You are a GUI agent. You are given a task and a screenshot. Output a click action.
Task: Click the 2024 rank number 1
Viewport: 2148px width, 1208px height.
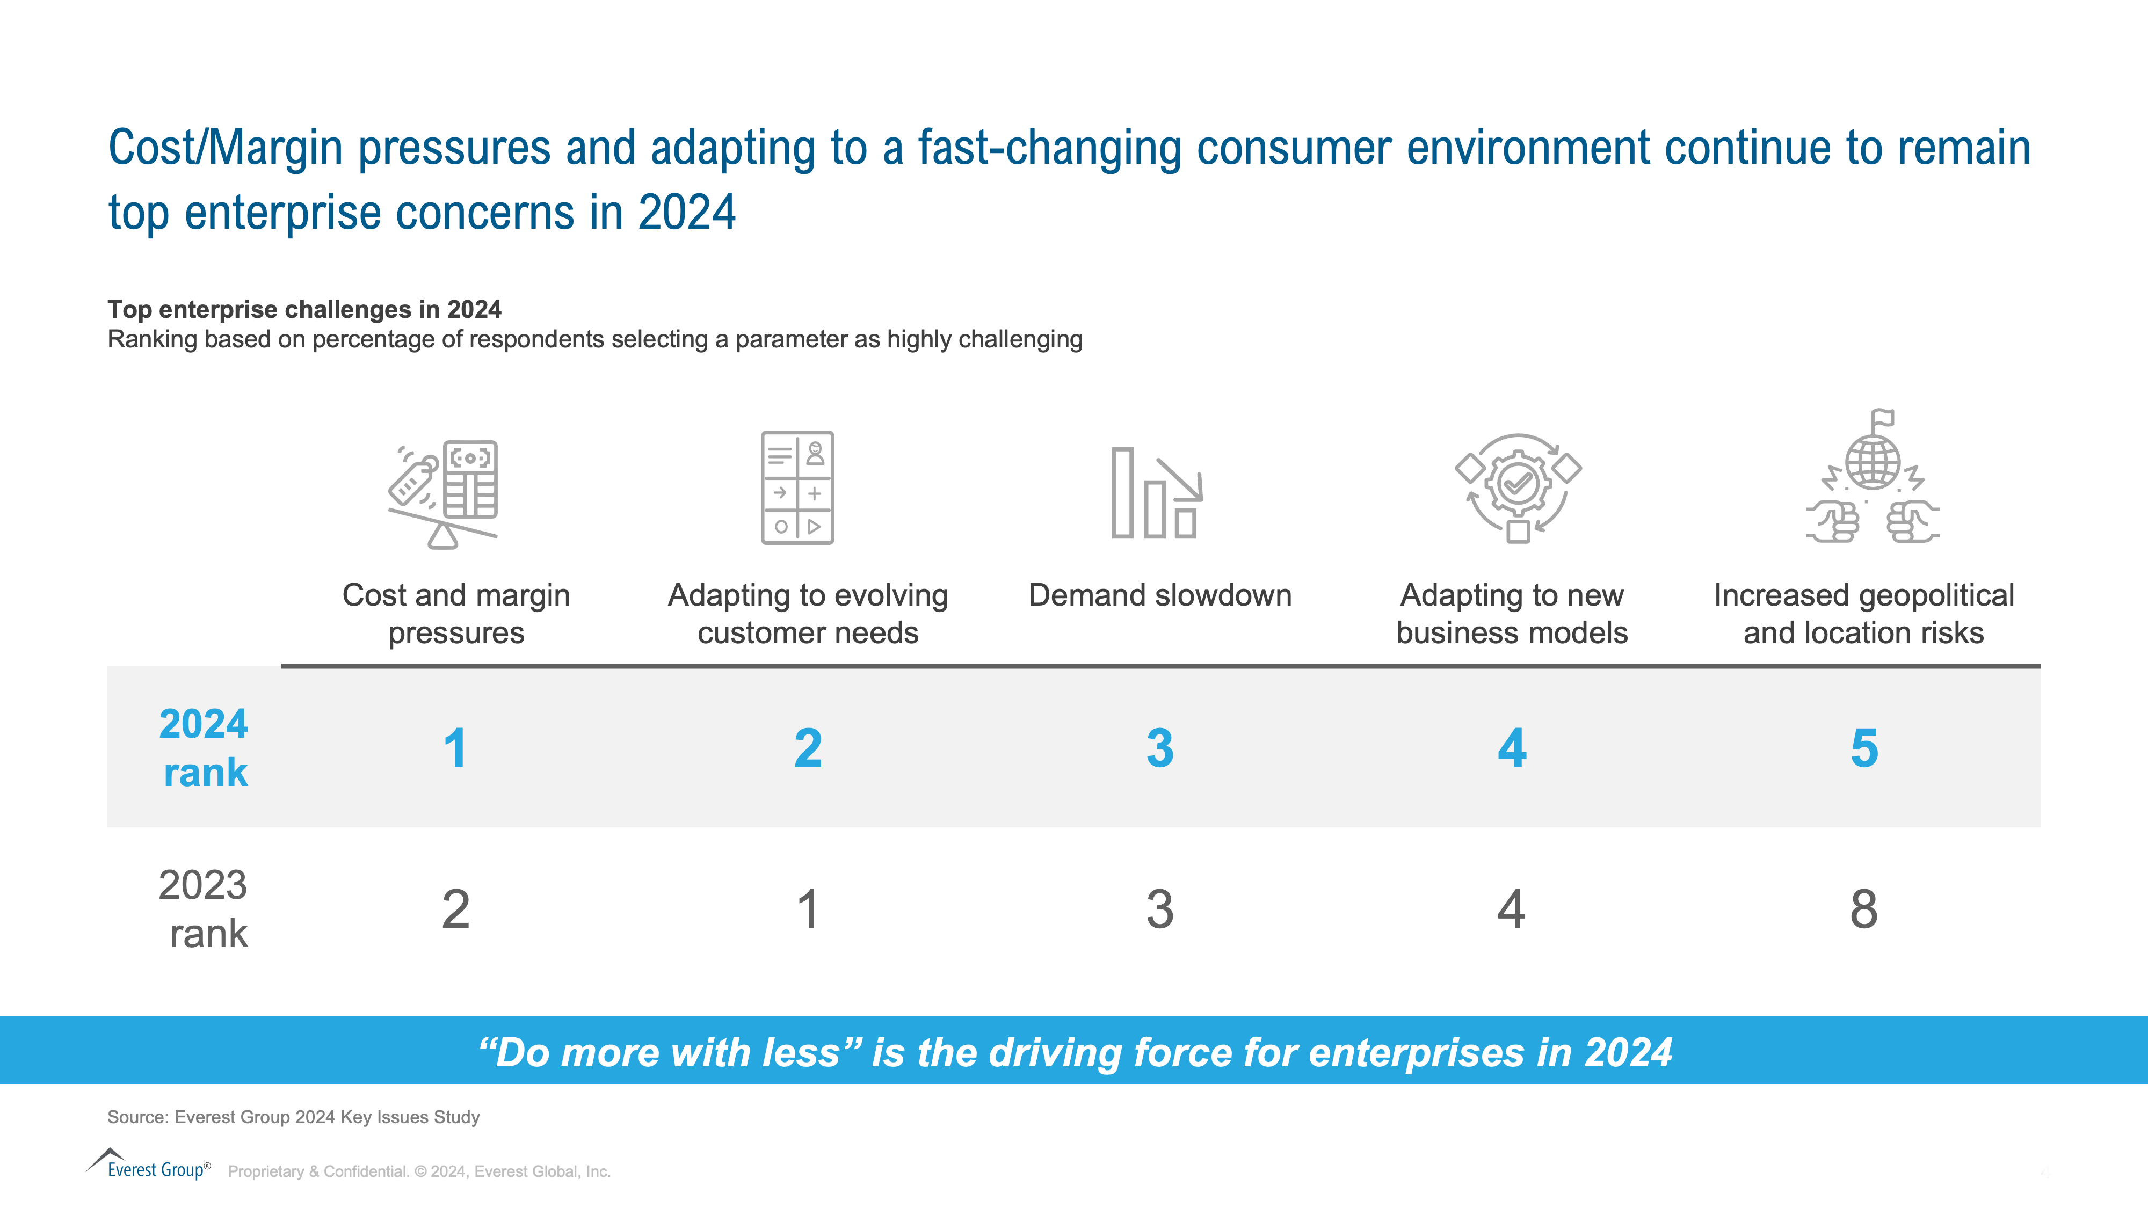coord(455,748)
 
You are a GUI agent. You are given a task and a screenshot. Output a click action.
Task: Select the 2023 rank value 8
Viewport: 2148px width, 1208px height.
coord(1863,909)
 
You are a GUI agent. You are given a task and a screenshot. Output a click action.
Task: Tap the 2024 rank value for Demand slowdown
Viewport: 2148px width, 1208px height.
coord(1160,748)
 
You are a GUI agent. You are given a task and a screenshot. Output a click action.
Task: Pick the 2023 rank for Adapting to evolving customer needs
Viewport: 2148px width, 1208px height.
coord(807,909)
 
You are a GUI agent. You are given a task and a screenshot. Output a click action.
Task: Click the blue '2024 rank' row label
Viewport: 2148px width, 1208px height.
coord(204,748)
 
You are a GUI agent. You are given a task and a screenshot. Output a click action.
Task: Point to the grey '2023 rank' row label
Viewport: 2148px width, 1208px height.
coord(204,909)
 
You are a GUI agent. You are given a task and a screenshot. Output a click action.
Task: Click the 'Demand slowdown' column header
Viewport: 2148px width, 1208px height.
coord(1160,595)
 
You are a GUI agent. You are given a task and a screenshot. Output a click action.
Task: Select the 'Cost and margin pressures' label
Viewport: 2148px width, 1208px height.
coord(456,614)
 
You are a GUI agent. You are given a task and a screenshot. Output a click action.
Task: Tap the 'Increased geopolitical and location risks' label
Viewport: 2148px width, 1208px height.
coord(1863,614)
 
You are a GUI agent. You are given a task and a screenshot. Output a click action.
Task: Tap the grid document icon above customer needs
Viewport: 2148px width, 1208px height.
coord(797,487)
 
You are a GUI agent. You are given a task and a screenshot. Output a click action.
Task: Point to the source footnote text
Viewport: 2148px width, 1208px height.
coord(294,1117)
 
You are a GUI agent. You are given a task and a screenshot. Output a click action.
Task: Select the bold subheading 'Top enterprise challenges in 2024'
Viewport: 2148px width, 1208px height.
coord(304,309)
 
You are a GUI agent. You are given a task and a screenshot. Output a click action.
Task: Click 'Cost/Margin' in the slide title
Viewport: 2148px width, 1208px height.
coord(225,148)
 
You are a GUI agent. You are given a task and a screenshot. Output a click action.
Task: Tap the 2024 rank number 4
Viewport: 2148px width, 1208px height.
coord(1512,748)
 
